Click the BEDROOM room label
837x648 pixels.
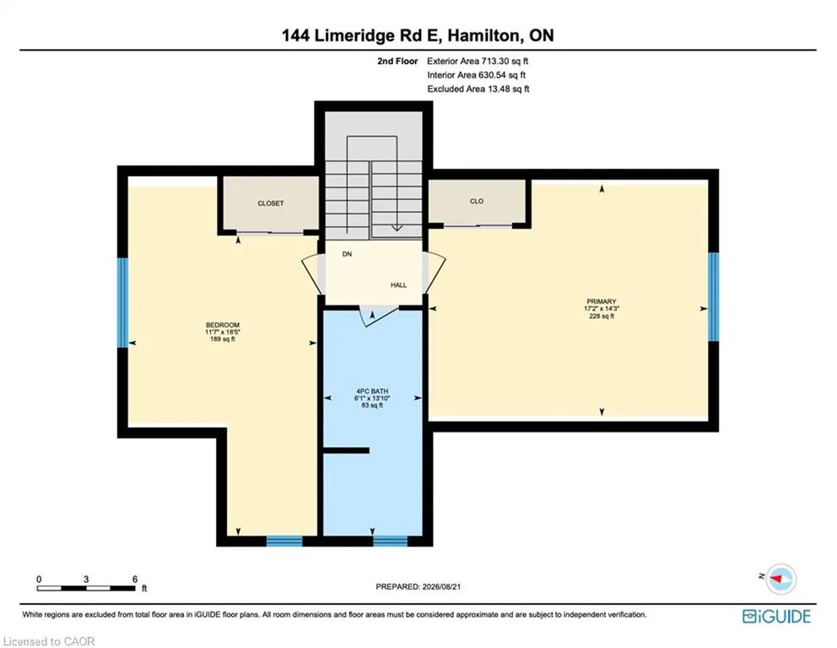point(223,325)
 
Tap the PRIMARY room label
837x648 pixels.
point(602,301)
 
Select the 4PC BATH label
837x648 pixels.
point(372,391)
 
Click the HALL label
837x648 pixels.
point(399,285)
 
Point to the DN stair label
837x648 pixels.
point(347,254)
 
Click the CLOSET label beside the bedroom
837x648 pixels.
point(271,203)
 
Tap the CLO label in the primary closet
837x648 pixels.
point(477,201)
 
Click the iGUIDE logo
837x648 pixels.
point(777,617)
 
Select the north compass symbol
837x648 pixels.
point(780,579)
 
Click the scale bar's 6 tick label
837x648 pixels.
point(135,579)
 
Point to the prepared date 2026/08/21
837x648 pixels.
point(441,586)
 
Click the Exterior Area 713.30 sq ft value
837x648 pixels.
point(478,62)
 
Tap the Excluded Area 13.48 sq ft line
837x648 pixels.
point(478,89)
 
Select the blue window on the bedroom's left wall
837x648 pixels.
point(123,303)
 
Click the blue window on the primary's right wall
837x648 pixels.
point(713,296)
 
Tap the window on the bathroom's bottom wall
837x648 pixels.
point(390,541)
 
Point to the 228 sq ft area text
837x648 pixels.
point(602,316)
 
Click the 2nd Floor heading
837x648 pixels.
point(397,62)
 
